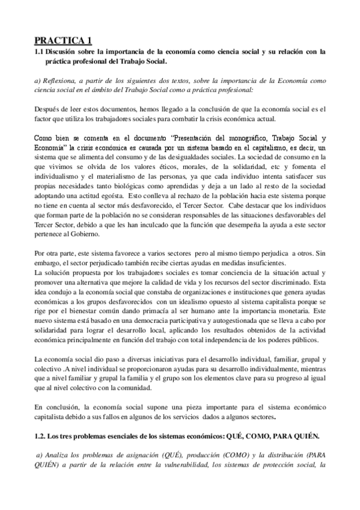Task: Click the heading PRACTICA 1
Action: click(x=63, y=40)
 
